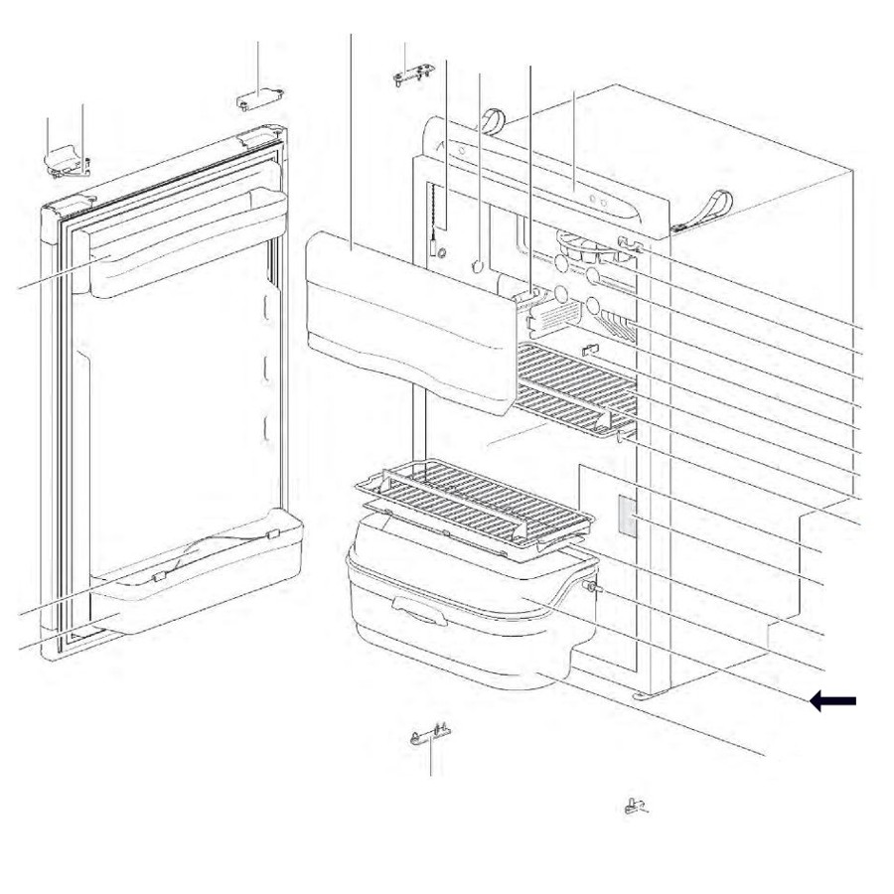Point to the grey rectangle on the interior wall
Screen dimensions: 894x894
tap(626, 517)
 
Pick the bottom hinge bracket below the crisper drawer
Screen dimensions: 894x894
tap(429, 734)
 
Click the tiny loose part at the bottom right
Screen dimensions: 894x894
tap(636, 806)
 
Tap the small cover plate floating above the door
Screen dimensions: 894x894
tap(259, 98)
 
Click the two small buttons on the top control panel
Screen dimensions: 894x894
tap(599, 200)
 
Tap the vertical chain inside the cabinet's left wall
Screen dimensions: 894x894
tap(434, 223)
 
